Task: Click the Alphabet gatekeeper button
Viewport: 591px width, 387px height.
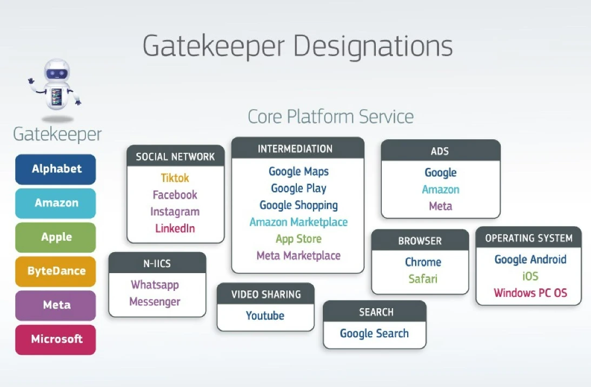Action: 56,169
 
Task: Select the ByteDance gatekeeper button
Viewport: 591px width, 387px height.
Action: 56,271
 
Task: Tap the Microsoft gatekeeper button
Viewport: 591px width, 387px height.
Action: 56,340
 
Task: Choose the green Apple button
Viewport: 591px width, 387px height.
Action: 56,237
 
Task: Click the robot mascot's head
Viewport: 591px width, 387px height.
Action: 56,72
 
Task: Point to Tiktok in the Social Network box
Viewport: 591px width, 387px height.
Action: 175,178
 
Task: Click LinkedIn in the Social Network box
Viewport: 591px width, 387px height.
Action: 175,228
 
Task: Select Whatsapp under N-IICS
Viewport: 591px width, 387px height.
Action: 155,284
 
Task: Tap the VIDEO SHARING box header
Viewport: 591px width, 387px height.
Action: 265,295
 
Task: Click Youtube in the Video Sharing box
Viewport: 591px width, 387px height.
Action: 265,316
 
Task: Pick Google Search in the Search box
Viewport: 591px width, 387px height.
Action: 374,334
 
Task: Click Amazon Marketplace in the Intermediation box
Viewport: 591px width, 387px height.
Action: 298,222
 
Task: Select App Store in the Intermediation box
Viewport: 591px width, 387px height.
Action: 298,239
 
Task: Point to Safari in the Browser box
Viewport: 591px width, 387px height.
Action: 423,279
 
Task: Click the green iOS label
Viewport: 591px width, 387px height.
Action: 530,276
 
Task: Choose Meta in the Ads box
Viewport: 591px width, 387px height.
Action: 440,206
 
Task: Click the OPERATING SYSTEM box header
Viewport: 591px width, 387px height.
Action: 528,238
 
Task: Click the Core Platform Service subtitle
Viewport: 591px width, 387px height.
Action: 330,116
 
